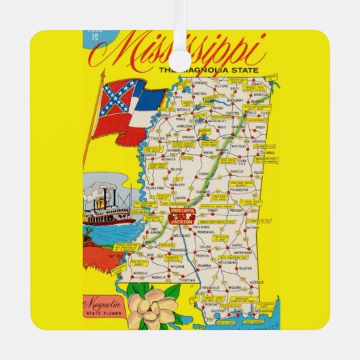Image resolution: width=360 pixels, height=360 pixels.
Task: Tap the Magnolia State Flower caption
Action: pyautogui.click(x=101, y=308)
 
